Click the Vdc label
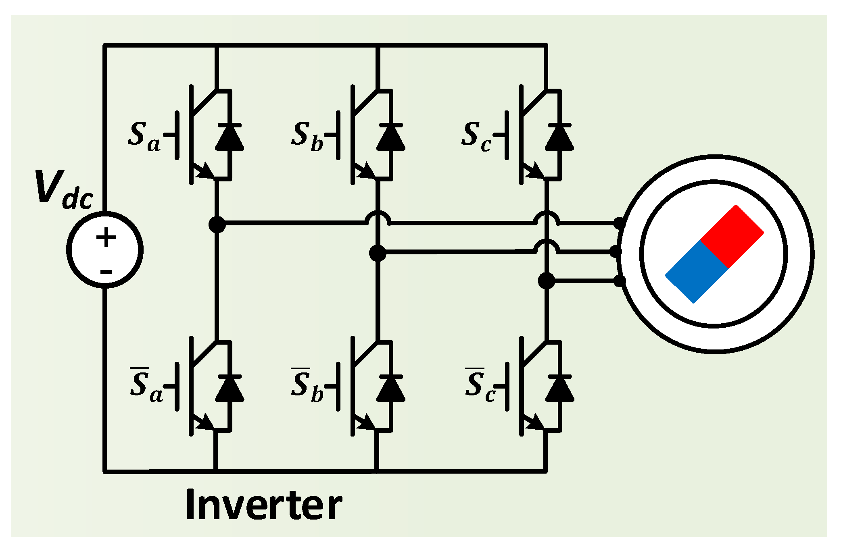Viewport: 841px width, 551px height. [65, 189]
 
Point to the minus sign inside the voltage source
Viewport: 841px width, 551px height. [106, 272]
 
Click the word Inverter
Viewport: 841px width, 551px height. [264, 505]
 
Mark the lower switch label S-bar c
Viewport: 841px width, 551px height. [480, 385]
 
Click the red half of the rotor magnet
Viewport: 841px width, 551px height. [732, 236]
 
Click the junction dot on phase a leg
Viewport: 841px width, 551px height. [217, 225]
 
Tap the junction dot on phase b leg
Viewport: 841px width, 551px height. [378, 253]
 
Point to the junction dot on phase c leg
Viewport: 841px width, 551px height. [547, 281]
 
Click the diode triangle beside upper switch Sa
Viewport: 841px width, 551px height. [230, 139]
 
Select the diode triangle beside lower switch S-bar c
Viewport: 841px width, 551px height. [559, 390]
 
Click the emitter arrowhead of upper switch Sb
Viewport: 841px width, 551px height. [368, 171]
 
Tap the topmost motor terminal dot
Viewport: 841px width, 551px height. [619, 223]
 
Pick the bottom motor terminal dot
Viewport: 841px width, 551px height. [619, 281]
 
